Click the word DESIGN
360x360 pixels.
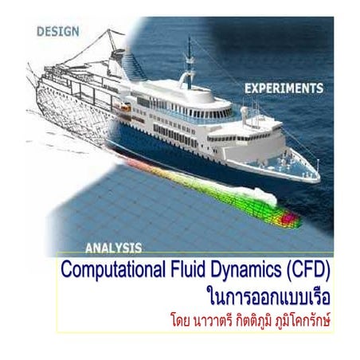click(x=58, y=32)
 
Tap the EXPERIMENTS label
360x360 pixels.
click(x=284, y=88)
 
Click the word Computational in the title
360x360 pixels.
click(x=110, y=268)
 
